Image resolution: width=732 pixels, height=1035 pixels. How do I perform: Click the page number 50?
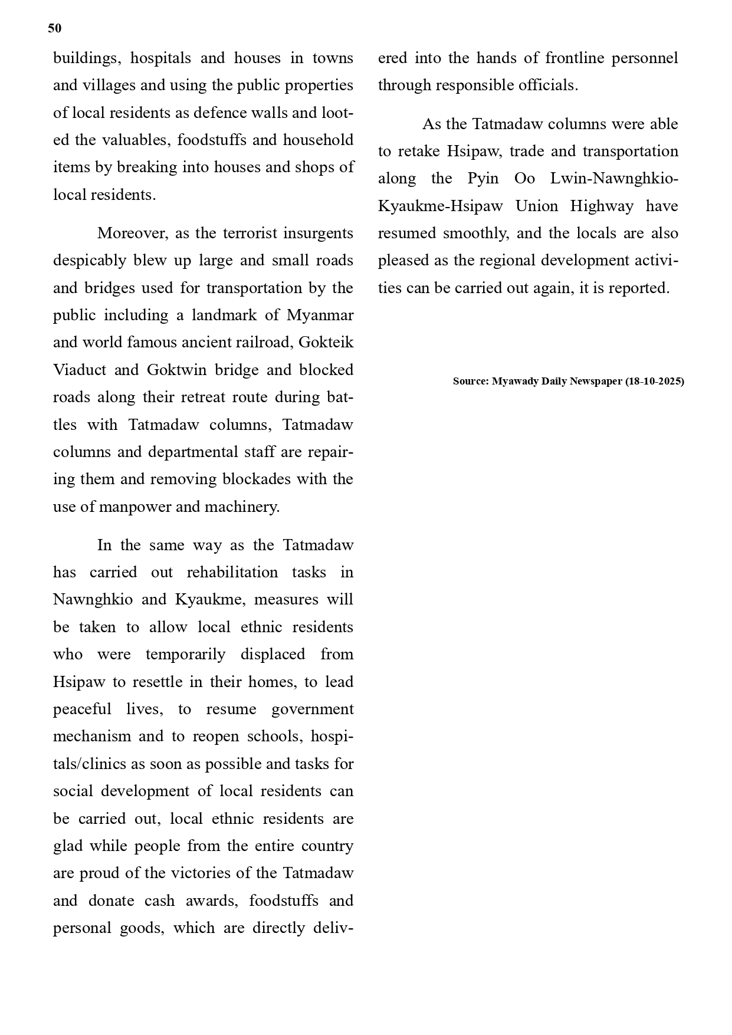55,28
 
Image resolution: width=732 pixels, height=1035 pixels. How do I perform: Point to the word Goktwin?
178,370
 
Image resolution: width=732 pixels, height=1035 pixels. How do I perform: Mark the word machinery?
242,507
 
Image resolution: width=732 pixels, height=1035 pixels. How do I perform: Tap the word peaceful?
82,709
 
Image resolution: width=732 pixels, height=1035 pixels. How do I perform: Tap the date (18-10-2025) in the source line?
655,381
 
